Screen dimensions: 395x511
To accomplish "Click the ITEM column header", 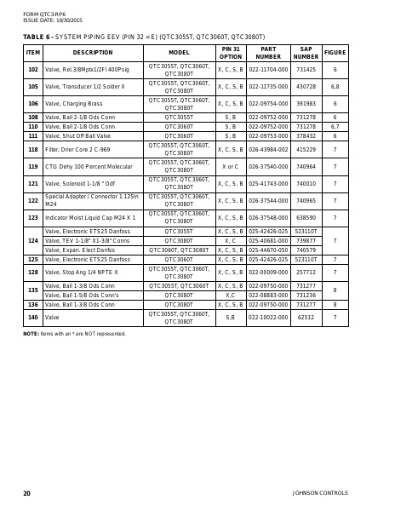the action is coord(33,53).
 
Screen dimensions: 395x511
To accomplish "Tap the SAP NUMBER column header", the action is coord(306,53).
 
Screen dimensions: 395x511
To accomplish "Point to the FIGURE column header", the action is coord(335,53).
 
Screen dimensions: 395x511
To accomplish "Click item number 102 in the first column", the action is coord(33,70).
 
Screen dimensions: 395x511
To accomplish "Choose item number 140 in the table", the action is coord(33,318).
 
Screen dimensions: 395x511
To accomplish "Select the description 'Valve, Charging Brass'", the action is coord(67,104).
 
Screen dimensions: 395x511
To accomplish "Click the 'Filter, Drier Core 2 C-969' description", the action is coord(77,149).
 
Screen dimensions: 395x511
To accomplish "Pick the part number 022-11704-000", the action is coord(268,70).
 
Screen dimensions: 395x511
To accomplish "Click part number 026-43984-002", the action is coord(268,149).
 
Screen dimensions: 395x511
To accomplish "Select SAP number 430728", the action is coord(306,87).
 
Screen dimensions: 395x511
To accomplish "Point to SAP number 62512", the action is coord(306,318).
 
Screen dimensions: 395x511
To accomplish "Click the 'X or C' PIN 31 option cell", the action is coord(230,167).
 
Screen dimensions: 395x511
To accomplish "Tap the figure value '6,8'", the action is coord(335,87).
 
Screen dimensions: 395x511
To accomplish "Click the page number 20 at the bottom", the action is coord(27,493).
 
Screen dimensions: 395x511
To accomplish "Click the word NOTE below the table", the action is coord(31,334).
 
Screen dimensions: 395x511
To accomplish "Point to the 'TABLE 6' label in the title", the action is coord(37,37).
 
